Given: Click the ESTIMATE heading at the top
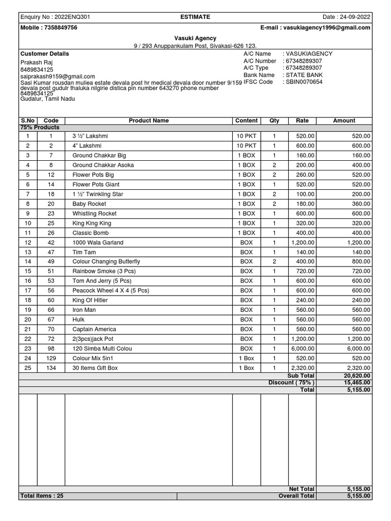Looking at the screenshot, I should click(195, 17).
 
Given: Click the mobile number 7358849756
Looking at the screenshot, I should click(60, 27).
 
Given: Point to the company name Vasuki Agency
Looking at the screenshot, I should click(195, 38).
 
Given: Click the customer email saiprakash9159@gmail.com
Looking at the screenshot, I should click(58, 76).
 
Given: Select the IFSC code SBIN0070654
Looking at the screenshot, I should click(304, 82).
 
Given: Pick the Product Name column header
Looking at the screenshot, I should click(148, 121).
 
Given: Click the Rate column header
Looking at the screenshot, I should click(302, 121).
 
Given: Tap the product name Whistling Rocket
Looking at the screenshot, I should click(94, 214).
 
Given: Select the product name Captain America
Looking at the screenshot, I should click(94, 329).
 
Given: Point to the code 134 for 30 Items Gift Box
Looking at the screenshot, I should click(51, 368).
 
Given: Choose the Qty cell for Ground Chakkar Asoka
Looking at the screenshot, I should click(274, 165).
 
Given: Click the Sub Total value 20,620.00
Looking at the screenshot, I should click(357, 376).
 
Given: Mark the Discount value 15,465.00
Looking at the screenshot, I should click(357, 383).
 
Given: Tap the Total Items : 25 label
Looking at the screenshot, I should click(42, 496).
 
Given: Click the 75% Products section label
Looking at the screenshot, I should click(40, 127).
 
